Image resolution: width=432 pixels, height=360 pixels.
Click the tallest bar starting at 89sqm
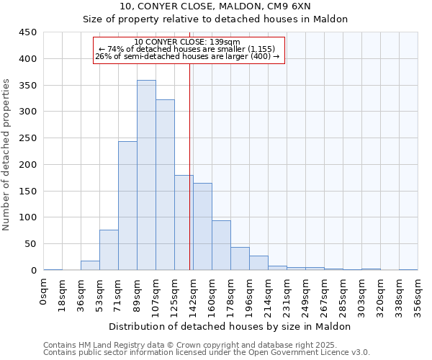pos(146,175)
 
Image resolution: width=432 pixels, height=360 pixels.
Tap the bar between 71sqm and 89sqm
pos(127,206)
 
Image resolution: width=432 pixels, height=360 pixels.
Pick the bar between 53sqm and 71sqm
pos(109,250)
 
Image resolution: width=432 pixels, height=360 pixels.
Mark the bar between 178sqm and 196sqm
pos(240,258)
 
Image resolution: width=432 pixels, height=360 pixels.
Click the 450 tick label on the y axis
pos(28,32)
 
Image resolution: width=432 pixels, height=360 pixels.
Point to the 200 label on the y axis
pos(28,165)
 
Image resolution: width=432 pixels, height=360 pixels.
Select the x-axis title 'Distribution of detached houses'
pos(230,326)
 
